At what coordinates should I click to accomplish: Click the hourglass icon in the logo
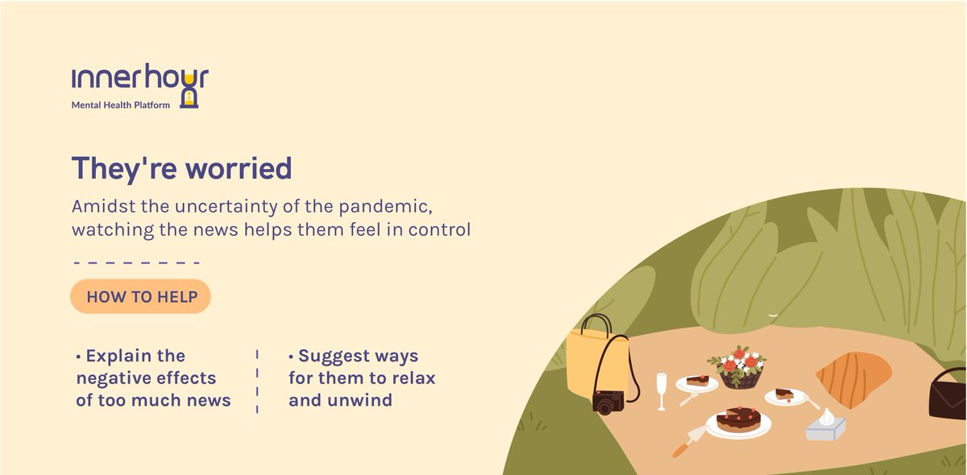coord(189,92)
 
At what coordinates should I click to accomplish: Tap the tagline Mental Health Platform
coord(121,105)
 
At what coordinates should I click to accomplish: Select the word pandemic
coord(385,207)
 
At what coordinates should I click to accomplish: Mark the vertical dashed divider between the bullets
coord(257,382)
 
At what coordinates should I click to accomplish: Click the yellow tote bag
coord(596,361)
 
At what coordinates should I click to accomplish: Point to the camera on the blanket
coord(608,402)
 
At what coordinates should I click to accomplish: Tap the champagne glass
coord(662,391)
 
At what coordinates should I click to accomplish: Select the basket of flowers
coord(739,367)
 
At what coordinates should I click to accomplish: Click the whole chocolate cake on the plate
coord(739,419)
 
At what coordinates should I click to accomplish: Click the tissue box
coord(826,426)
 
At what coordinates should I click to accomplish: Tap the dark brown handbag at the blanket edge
coord(948,394)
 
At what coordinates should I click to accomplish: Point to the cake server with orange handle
coord(690,441)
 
